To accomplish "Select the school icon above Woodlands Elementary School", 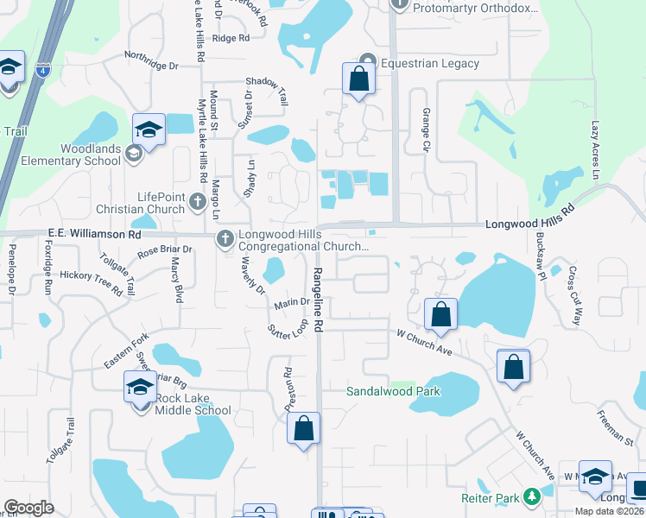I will [x=149, y=131].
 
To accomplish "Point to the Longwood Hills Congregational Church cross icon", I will [x=225, y=238].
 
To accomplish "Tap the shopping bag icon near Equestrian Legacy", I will [x=358, y=79].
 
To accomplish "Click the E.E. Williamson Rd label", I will [x=94, y=233].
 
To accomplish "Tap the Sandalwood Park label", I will [x=393, y=391].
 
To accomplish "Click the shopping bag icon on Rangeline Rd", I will [x=304, y=428].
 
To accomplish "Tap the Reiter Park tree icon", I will [x=532, y=497].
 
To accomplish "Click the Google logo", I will [x=29, y=508].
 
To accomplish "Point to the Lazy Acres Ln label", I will [x=595, y=148].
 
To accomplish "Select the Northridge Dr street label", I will [x=151, y=66].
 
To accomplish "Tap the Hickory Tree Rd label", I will [x=91, y=281].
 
